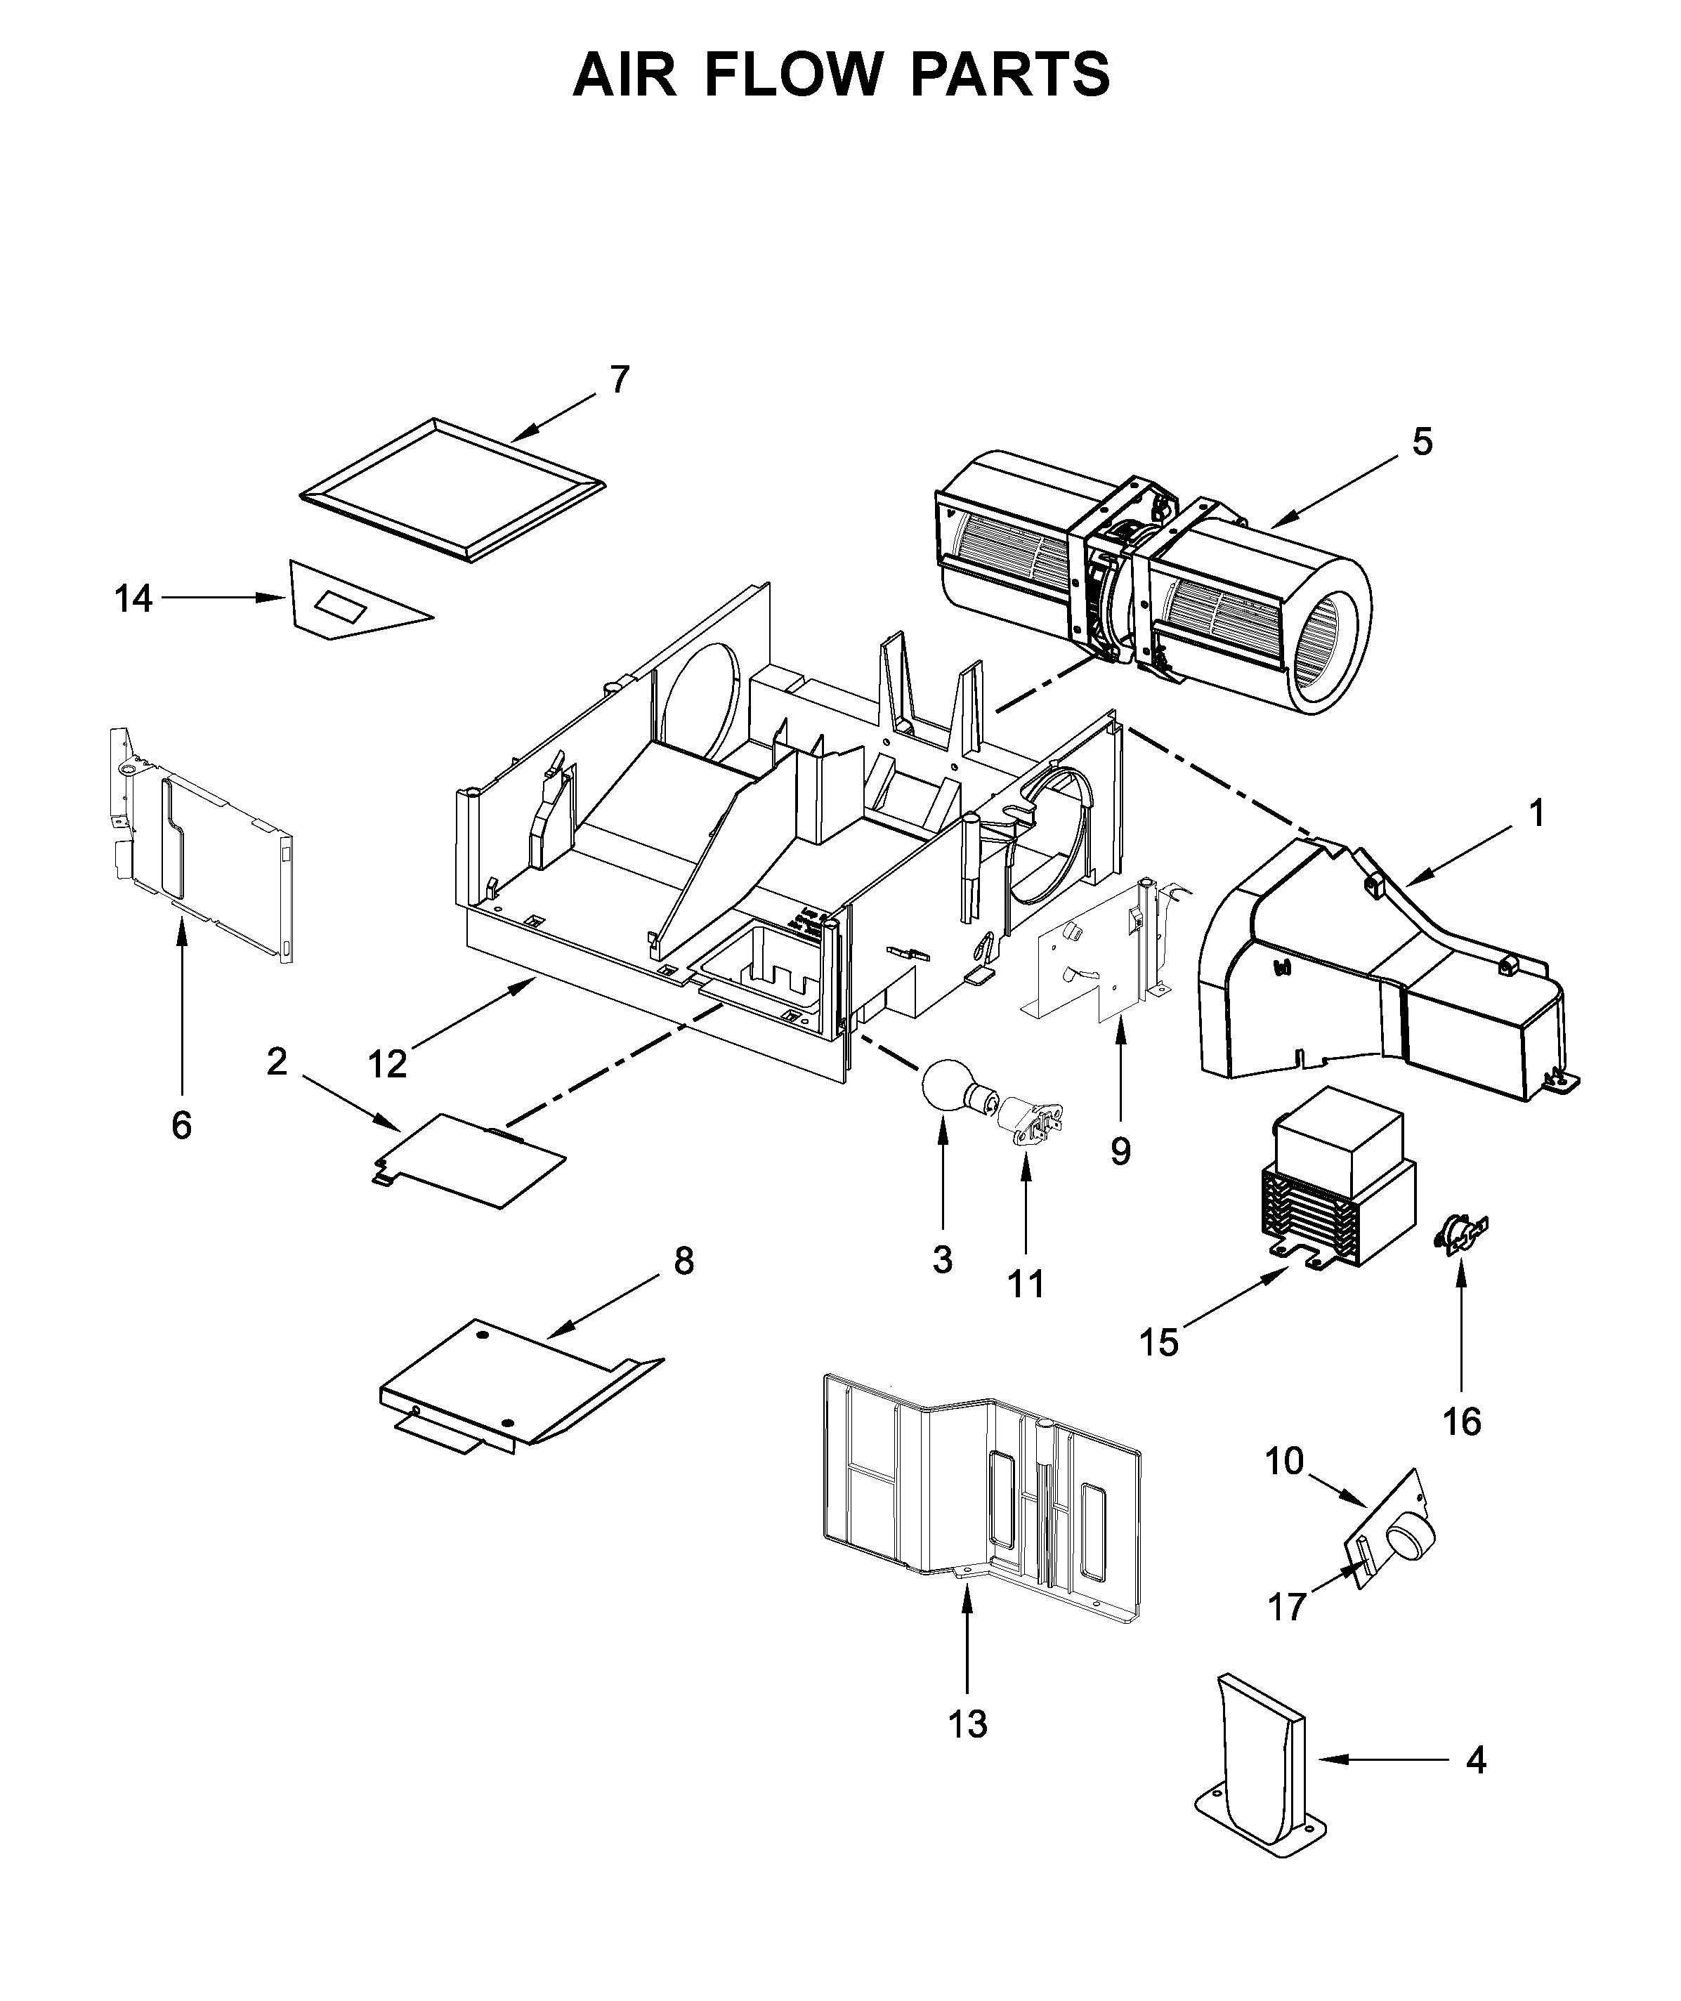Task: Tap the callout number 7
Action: tap(620, 380)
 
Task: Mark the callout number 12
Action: tap(387, 1063)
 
